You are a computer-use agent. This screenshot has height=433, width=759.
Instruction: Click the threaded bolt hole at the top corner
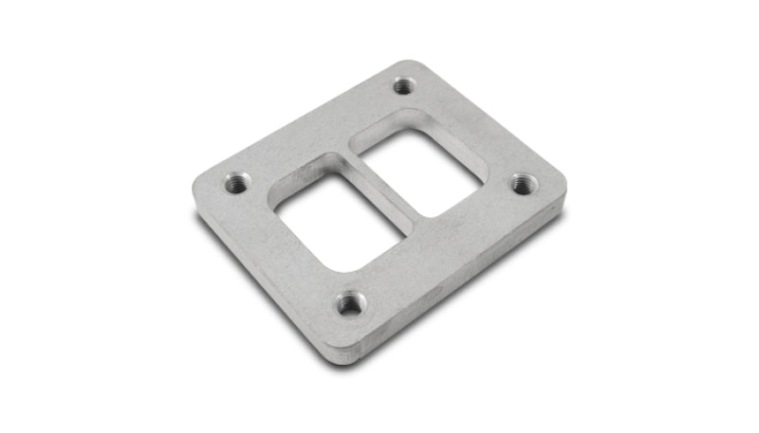404,86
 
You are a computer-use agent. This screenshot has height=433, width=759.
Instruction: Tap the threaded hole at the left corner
237,182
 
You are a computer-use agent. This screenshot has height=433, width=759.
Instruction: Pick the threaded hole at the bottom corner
349,303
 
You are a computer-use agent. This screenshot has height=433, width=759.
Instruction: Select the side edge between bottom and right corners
465,284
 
